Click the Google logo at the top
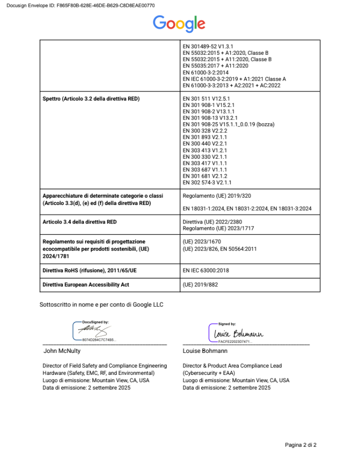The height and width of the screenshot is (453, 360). (179, 23)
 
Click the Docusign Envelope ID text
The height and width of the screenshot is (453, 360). (81, 5)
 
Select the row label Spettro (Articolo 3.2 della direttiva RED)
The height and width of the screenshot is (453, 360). (91, 99)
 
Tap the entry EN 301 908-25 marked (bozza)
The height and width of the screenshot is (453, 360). (228, 124)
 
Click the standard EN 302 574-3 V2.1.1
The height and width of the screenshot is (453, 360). (207, 182)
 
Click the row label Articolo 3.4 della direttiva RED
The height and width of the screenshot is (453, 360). (80, 222)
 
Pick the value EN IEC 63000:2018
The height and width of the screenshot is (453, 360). (206, 270)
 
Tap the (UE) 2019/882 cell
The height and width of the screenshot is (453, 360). (200, 285)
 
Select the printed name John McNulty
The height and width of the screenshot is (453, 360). (63, 351)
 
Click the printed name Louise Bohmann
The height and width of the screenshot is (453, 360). (205, 351)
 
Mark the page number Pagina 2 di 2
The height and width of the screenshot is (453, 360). (301, 445)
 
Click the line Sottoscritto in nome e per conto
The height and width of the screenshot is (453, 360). (101, 305)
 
